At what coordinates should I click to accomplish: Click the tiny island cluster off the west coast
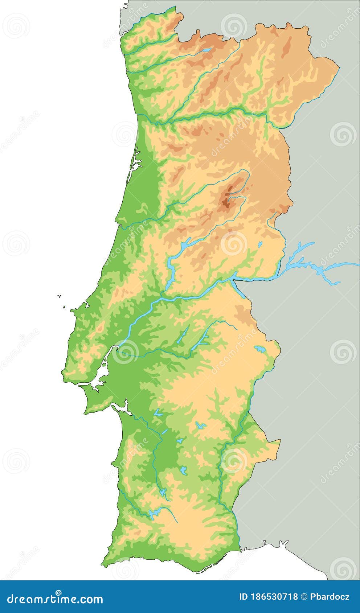click(x=59, y=296)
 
